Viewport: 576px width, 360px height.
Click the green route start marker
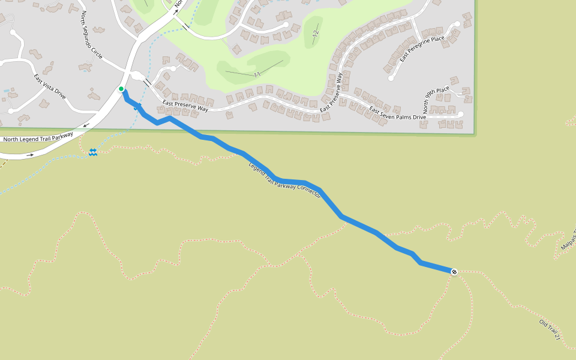coord(121,89)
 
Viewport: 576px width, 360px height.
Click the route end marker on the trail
coord(454,272)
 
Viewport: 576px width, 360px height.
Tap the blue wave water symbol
coord(93,152)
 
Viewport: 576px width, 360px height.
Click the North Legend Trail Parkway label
coord(38,137)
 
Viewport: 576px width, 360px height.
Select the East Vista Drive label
coord(50,86)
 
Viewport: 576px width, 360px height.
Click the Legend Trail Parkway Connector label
coord(284,180)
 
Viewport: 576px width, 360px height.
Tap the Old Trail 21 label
coord(550,330)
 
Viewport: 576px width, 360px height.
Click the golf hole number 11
coord(257,74)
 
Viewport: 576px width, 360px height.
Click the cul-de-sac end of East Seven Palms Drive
coord(461,114)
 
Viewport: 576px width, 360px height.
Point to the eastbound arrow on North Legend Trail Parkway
coord(30,155)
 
